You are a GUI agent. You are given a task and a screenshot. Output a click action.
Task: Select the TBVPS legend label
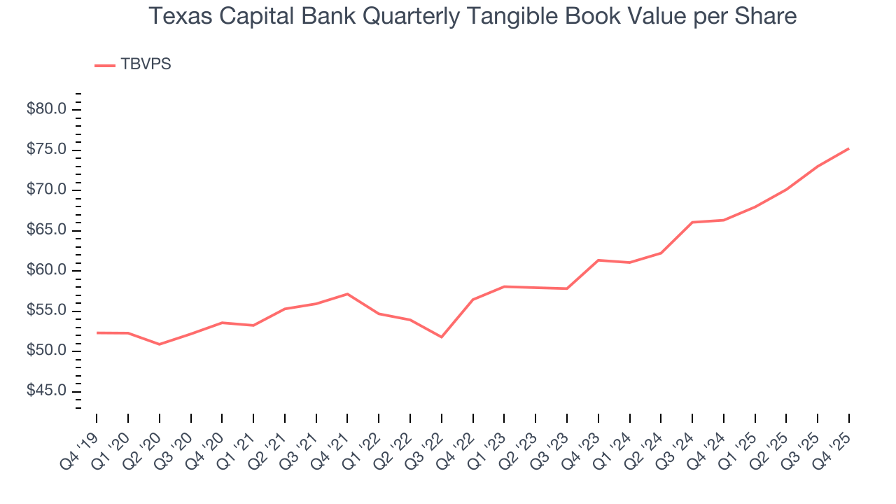tap(146, 64)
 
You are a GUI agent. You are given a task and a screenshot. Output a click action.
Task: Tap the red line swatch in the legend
tap(105, 65)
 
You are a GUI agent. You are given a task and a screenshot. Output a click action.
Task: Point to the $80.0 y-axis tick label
tap(47, 109)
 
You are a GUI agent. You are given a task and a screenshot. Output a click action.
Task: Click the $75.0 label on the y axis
tap(47, 150)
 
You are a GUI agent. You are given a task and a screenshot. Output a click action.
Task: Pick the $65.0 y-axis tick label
tap(47, 230)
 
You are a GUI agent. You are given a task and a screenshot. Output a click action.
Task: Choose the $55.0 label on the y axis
tap(47, 311)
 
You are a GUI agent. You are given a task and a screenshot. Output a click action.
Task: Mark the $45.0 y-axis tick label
tap(47, 391)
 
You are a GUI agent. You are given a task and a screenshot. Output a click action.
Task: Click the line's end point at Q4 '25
tap(848, 148)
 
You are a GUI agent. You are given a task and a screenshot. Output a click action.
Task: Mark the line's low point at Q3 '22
tap(442, 337)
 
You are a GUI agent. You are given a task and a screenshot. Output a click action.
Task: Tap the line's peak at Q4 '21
tap(347, 294)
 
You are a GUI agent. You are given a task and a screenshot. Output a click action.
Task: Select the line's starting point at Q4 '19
tap(97, 332)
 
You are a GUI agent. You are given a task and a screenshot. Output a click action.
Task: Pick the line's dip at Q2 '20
tap(160, 344)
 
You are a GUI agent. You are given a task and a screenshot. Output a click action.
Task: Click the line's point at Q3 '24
tap(692, 222)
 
